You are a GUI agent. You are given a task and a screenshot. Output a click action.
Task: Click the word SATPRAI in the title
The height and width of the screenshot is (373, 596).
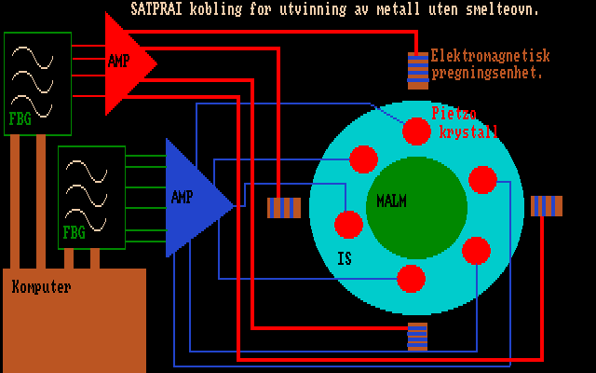(157, 9)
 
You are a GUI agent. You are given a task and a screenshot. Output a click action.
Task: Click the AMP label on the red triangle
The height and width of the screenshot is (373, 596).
(119, 62)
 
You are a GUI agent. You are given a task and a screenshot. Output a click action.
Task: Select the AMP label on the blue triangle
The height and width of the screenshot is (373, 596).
(182, 197)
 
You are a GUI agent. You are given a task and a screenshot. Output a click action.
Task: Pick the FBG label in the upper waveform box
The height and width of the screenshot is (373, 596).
(20, 118)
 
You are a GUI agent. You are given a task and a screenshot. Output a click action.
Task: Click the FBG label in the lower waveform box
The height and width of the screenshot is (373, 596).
(74, 232)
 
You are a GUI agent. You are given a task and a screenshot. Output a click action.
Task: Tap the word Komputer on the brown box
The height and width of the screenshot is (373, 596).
(41, 287)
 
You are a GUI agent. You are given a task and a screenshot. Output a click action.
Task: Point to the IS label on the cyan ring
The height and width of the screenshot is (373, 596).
(345, 258)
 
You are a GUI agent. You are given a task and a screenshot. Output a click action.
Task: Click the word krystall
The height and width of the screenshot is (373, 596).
(468, 131)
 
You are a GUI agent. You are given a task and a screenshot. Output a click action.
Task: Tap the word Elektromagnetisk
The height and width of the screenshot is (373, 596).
(491, 56)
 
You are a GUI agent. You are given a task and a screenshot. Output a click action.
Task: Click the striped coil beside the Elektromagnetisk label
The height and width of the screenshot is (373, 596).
(418, 69)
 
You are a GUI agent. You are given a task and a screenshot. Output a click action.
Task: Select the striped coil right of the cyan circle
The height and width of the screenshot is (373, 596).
(546, 206)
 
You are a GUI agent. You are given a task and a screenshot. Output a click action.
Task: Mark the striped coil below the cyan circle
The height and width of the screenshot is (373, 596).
(417, 336)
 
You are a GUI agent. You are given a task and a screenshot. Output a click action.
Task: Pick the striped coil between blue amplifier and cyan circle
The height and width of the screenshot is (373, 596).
(284, 207)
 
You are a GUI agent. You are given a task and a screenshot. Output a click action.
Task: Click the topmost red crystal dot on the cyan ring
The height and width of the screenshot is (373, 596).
(416, 131)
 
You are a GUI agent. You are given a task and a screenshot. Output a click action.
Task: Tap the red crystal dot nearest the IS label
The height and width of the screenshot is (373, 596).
(348, 225)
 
